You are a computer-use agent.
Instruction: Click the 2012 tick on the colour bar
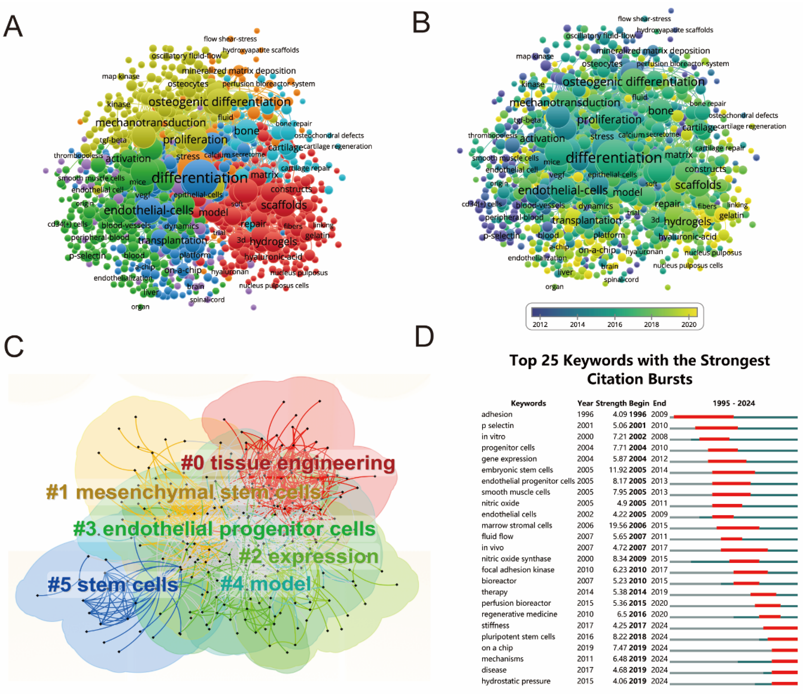tap(540, 324)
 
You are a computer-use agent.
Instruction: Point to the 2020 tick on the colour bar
tap(689, 324)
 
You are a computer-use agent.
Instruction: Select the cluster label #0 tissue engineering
tap(288, 463)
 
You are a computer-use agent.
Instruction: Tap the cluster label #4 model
tap(266, 583)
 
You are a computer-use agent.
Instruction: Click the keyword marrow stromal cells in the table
tap(517, 526)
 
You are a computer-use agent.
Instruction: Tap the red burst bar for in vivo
tap(744, 550)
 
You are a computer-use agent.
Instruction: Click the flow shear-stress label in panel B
tap(644, 19)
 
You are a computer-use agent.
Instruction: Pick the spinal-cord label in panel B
tap(621, 279)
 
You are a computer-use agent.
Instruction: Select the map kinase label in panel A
tap(121, 76)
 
